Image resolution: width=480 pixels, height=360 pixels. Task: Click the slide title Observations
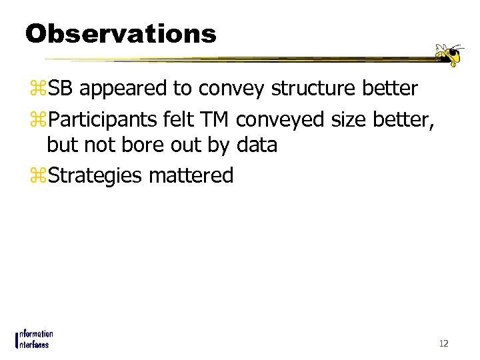[121, 33]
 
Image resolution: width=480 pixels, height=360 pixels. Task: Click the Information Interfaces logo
[34, 339]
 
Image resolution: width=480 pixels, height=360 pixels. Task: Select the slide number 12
[443, 343]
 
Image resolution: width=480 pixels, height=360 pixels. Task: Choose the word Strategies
[95, 176]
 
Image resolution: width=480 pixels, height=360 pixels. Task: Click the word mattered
[191, 175]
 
